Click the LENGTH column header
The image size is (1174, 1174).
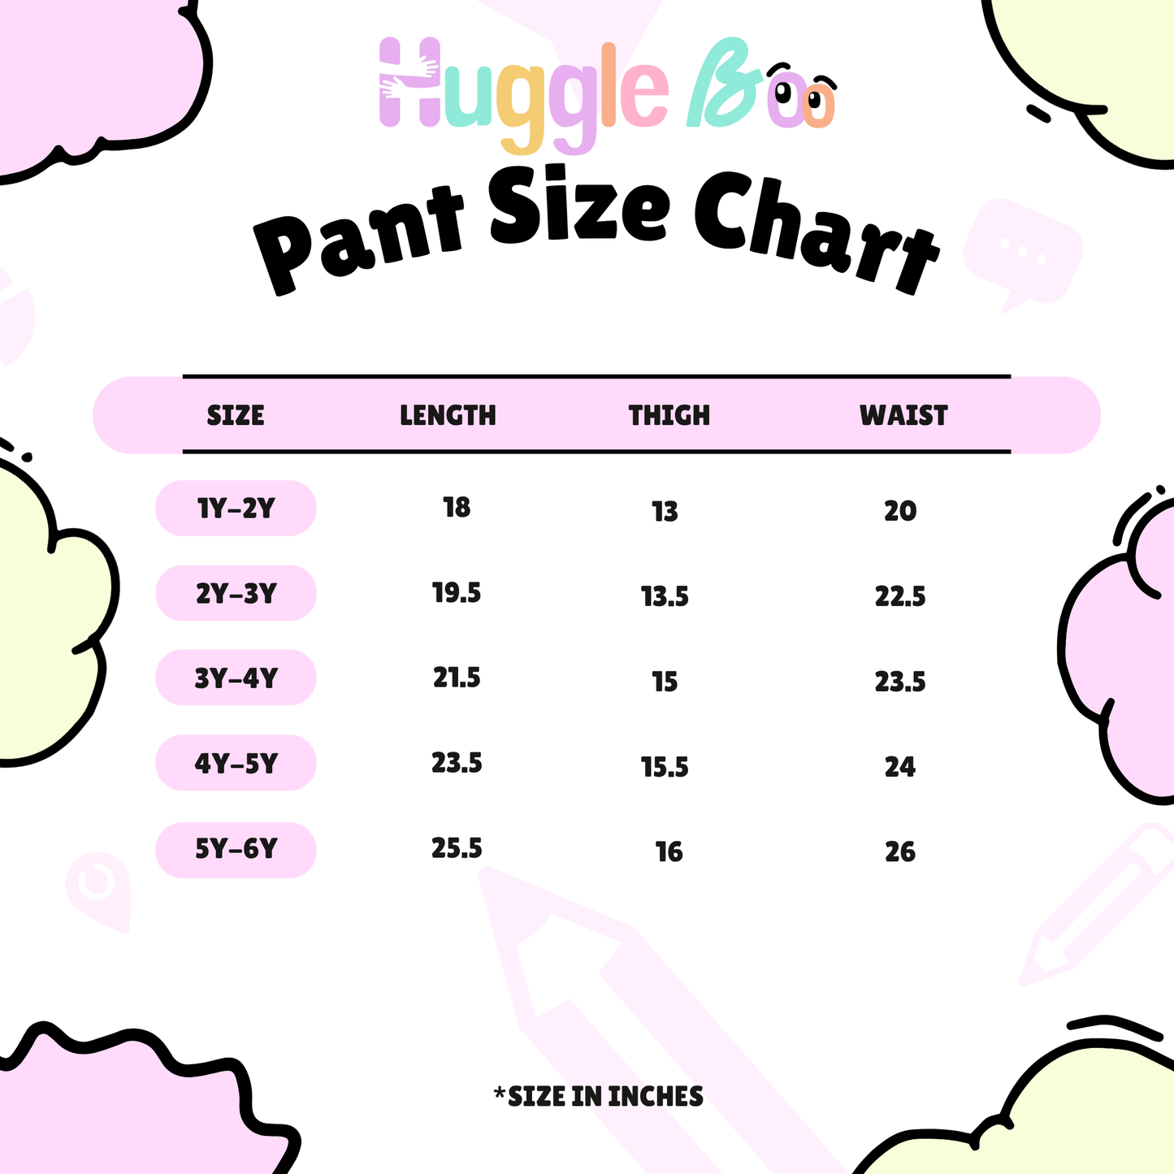448,415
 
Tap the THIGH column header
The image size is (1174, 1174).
669,415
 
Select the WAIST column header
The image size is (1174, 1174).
903,415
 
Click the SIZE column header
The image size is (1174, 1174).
235,415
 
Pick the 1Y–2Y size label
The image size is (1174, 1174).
236,508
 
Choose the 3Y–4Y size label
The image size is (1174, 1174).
236,678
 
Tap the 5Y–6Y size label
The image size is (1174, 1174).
236,849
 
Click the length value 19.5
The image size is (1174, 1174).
457,593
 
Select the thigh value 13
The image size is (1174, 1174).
665,512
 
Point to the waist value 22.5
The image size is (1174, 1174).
900,596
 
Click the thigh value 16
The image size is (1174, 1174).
669,852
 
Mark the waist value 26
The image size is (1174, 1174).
900,852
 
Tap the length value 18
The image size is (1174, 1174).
457,508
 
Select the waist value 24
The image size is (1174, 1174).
900,767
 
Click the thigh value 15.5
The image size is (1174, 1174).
665,767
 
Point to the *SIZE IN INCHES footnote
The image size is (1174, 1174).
598,1097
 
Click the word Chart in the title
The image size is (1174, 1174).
817,232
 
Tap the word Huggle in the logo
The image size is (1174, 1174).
524,91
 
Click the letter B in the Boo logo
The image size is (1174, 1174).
724,82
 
